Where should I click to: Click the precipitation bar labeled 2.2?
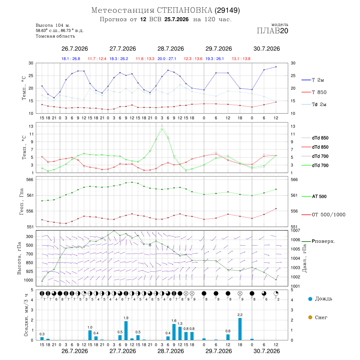click(240, 329)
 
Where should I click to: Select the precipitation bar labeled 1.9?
click(126, 331)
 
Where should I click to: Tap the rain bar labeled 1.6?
click(174, 332)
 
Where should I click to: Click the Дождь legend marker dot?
click(310, 299)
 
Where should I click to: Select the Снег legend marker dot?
click(310, 317)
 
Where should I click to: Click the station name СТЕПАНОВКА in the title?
click(184, 10)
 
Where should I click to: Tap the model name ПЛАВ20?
click(272, 31)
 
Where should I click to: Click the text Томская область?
click(55, 36)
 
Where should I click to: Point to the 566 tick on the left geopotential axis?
click(30, 180)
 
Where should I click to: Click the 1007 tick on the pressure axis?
click(295, 230)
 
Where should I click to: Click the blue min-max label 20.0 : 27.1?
click(167, 59)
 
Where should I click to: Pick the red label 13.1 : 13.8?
click(241, 59)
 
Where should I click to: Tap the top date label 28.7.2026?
click(170, 49)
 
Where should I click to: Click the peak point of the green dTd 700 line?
click(162, 129)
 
